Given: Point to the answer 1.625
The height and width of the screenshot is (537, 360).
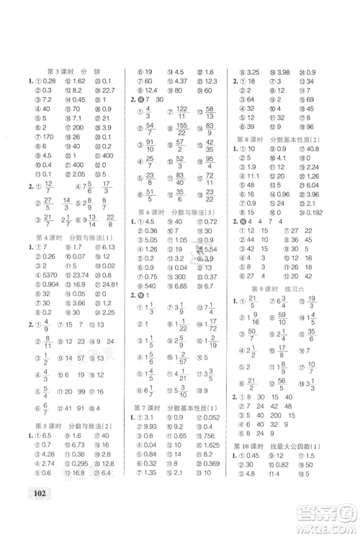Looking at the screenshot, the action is click(x=211, y=465).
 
